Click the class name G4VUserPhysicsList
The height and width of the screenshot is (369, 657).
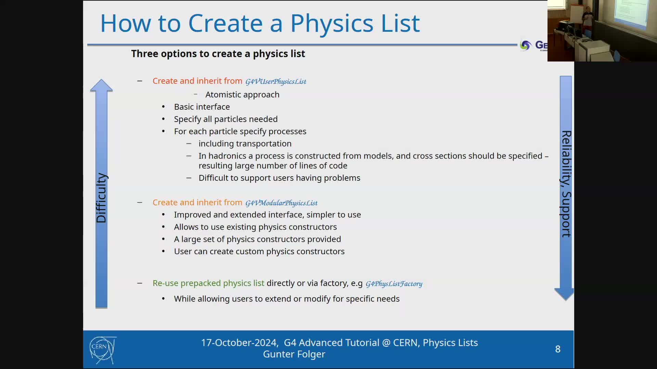click(x=275, y=82)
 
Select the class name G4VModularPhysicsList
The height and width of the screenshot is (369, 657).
click(x=281, y=203)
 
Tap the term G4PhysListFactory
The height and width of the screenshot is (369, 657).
click(x=394, y=284)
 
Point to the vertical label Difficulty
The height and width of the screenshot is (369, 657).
click(x=101, y=198)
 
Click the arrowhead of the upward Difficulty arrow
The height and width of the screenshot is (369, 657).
click(x=101, y=85)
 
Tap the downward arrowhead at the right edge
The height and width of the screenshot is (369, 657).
click(x=564, y=294)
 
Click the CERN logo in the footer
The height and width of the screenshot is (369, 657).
click(x=103, y=350)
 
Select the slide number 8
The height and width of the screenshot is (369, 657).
click(x=558, y=349)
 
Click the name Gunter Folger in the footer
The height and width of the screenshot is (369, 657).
click(x=294, y=354)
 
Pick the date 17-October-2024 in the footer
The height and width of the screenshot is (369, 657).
click(x=239, y=343)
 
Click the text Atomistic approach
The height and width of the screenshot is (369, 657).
click(x=242, y=95)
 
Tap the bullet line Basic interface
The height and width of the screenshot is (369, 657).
click(x=202, y=107)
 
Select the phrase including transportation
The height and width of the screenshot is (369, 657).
click(x=245, y=144)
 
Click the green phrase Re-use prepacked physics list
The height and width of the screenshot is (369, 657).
click(x=208, y=283)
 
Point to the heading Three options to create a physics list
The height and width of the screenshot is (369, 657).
click(x=218, y=54)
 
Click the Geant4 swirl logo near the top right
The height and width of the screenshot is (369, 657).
click(x=525, y=45)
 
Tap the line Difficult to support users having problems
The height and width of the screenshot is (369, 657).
click(x=279, y=178)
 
